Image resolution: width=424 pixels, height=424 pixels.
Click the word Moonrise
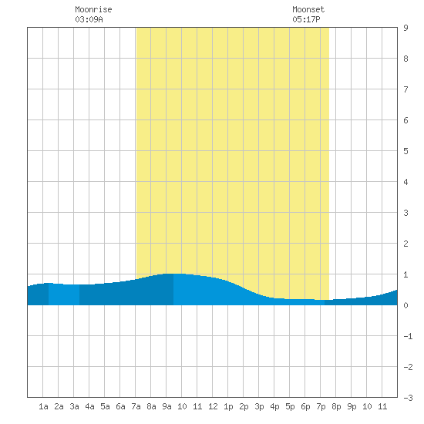(x=93, y=9)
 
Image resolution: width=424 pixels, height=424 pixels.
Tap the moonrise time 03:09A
(x=89, y=19)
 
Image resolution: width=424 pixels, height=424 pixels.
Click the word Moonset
(x=308, y=9)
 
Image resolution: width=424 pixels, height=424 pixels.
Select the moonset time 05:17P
(x=306, y=19)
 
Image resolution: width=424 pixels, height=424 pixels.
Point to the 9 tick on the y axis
(x=405, y=28)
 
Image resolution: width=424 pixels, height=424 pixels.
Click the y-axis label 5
(x=405, y=151)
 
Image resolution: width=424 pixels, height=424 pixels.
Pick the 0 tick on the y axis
(x=405, y=305)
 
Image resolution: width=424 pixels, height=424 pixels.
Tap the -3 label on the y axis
(x=408, y=398)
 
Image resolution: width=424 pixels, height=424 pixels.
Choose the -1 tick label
(x=408, y=336)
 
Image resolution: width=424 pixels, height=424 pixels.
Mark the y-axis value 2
(x=405, y=244)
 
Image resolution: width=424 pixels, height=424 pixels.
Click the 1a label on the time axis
(x=43, y=406)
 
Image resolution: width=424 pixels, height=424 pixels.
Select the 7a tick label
(x=136, y=406)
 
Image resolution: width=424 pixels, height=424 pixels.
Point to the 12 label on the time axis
(x=213, y=406)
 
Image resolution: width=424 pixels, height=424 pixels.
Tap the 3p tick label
(x=259, y=406)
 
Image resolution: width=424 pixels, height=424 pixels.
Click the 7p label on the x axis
(x=321, y=406)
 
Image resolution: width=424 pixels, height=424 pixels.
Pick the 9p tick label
(x=352, y=406)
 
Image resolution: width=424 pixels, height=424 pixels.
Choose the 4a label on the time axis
(x=89, y=406)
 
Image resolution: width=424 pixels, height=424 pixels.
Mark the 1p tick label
(x=228, y=406)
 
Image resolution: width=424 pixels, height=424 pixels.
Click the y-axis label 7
(x=405, y=89)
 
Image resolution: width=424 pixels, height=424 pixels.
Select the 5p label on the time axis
(x=290, y=406)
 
